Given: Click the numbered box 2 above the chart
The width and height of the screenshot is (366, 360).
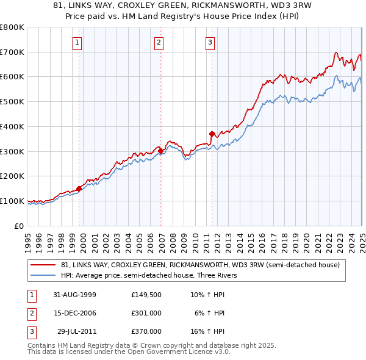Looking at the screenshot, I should pos(159,43).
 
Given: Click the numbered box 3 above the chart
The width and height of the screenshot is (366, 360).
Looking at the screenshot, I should pos(210,43).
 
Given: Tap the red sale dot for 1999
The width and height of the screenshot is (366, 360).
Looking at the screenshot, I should pos(79,189).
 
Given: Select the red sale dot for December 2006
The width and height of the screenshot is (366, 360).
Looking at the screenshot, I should pos(160,151).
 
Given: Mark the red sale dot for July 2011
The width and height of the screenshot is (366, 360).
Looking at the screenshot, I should pos(212,134).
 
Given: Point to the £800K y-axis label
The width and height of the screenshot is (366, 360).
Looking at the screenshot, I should pos(12,27).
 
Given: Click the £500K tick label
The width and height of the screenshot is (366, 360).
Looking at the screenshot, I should pos(12,102).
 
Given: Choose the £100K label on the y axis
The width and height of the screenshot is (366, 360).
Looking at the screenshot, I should pos(12,201).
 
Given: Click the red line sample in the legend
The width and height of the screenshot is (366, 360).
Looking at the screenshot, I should pos(44,265).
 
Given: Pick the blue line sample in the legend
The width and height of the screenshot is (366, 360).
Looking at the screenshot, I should pos(44,275).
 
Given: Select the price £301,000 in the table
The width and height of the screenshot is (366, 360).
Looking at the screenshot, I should pos(146,313).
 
